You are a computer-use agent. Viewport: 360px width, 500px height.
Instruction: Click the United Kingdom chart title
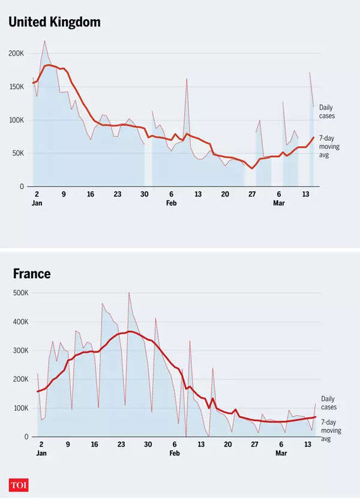(x=54, y=22)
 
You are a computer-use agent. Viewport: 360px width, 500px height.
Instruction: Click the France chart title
(x=32, y=274)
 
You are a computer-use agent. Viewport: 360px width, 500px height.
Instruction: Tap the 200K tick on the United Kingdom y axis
(x=16, y=53)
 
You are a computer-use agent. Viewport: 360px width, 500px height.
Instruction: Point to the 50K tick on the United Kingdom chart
(x=18, y=153)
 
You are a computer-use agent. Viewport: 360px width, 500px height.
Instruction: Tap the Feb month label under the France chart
(x=174, y=453)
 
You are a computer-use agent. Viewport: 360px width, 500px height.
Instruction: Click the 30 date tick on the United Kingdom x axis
(x=144, y=194)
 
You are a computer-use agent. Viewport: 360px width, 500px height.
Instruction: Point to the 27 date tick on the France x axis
(x=254, y=444)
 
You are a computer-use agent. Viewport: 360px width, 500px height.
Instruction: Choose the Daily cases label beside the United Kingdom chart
(x=327, y=111)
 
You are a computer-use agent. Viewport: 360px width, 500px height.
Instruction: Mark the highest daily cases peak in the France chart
(x=129, y=293)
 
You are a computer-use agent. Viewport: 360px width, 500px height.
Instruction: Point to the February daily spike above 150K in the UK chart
(x=187, y=79)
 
